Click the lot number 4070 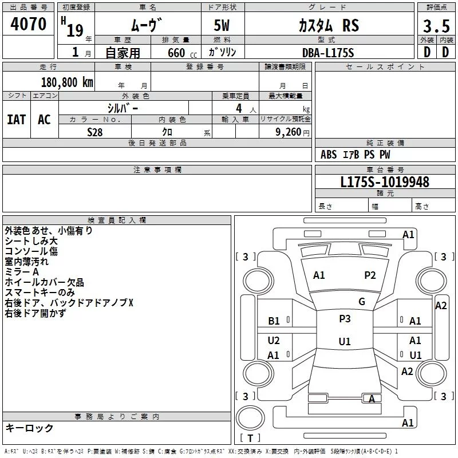click(28, 23)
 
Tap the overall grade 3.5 click(436, 26)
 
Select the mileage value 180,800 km click(67, 82)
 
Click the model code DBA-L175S click(328, 53)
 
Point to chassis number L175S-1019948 click(385, 182)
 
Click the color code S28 click(95, 132)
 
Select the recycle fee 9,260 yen click(293, 132)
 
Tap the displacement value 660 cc click(182, 53)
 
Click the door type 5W click(222, 25)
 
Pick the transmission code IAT click(17, 120)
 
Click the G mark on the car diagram click(362, 302)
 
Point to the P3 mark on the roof click(345, 318)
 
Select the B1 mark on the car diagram click(274, 321)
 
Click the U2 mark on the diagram click(274, 340)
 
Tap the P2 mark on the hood click(370, 275)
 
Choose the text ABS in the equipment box click(329, 155)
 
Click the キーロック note click(29, 428)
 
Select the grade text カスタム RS click(329, 25)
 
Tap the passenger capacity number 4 click(239, 108)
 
